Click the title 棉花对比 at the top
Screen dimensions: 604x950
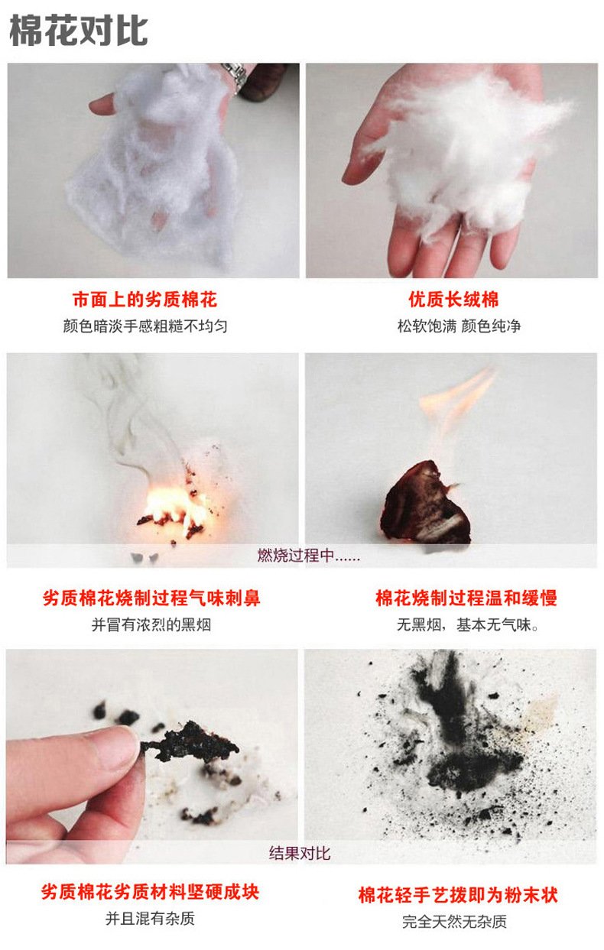[79, 30]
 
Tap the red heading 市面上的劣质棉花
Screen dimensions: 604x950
[145, 300]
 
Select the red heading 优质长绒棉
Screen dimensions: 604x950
[453, 300]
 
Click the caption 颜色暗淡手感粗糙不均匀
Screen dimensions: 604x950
[145, 326]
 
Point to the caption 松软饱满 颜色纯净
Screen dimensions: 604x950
[459, 326]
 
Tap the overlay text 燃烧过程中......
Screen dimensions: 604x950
[308, 555]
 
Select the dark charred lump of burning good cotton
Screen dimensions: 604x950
[425, 504]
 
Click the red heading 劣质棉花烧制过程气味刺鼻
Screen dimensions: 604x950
[151, 598]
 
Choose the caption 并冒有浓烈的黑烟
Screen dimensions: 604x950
[151, 624]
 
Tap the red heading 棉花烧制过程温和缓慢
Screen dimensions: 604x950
[466, 598]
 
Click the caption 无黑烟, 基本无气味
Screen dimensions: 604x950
[467, 624]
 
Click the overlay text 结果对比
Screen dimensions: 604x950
[300, 853]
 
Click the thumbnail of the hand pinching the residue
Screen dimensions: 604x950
[152, 756]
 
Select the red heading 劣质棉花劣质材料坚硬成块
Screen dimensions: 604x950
[150, 892]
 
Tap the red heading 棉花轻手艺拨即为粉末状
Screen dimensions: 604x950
[458, 895]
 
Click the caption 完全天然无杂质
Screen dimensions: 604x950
[454, 922]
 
